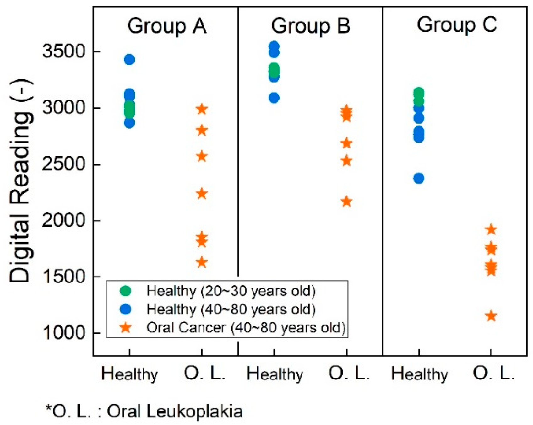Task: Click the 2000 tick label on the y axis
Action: (x=64, y=220)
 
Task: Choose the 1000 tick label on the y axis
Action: (x=64, y=333)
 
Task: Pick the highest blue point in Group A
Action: (x=129, y=60)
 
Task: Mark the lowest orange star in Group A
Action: (x=202, y=262)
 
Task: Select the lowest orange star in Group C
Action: (x=491, y=316)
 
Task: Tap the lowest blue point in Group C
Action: (x=419, y=178)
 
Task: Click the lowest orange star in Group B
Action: (x=346, y=202)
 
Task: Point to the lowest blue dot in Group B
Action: (x=274, y=98)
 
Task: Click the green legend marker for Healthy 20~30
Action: (x=126, y=291)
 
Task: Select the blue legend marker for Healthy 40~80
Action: (x=126, y=309)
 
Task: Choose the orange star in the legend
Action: (x=126, y=328)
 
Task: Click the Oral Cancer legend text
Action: (x=246, y=328)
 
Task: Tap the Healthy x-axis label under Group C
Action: (x=419, y=374)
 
